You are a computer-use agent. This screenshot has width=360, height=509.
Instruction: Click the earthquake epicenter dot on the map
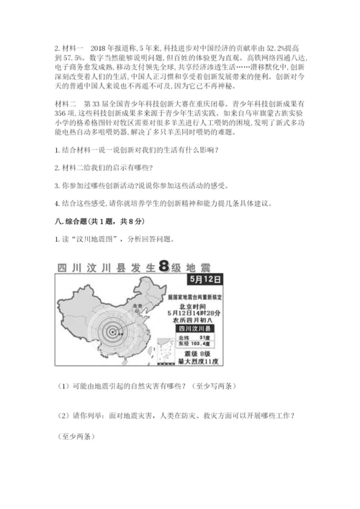tap(114, 332)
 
